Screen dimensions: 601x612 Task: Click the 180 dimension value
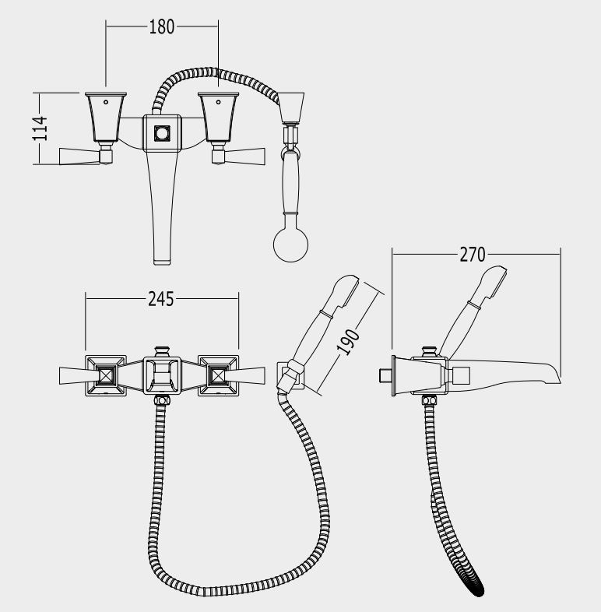pos(162,27)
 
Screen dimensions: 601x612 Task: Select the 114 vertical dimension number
pos(40,128)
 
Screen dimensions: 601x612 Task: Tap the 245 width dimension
pos(161,299)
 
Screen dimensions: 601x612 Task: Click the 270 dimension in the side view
pos(473,255)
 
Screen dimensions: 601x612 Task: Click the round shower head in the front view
pos(290,244)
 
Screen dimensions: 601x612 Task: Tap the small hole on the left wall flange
pos(106,102)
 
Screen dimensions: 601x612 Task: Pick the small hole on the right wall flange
pos(218,102)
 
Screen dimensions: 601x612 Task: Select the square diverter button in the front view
pos(162,133)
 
